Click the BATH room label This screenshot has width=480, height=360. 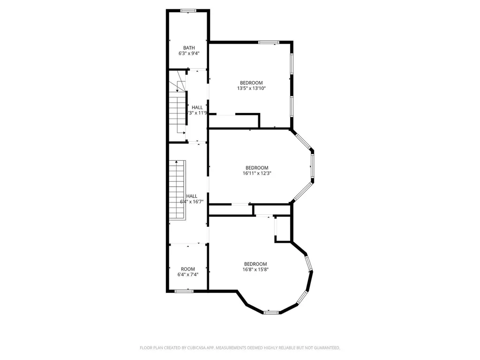tap(189, 47)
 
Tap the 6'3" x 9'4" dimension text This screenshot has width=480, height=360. tap(189, 53)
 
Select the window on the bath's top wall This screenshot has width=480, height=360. tap(188, 11)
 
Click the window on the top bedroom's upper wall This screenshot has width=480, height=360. tap(269, 43)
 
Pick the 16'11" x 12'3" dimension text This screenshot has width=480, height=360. tap(257, 173)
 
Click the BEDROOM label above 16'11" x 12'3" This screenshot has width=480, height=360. tap(257, 167)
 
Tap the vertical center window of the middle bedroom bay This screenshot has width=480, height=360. tap(312, 167)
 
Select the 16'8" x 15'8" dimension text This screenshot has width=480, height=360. tap(255, 270)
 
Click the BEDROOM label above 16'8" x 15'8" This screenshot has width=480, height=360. tap(255, 263)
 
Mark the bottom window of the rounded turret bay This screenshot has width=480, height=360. tap(270, 312)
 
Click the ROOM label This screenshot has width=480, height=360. tap(188, 269)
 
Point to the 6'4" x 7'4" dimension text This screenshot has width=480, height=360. tap(188, 275)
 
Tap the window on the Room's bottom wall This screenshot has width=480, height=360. tap(184, 291)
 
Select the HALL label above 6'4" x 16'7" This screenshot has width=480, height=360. tap(192, 196)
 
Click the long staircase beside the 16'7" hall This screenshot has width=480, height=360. tap(178, 190)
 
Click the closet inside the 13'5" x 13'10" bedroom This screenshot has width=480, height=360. tap(234, 121)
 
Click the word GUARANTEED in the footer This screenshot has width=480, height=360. tap(323, 348)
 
